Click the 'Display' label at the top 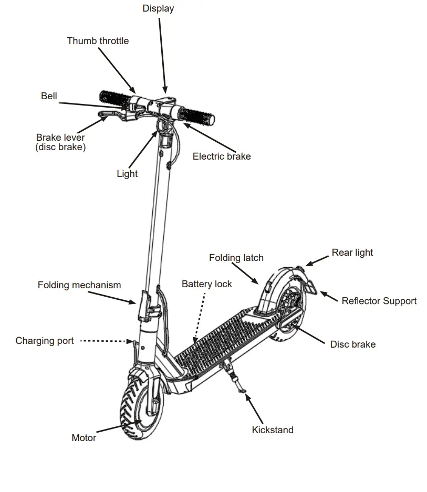158,8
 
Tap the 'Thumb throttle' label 98,40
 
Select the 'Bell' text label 49,96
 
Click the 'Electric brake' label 221,156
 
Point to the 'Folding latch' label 236,258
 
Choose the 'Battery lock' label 206,284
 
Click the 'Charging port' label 45,341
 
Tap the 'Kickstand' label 272,430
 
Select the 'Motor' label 84,437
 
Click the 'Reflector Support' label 379,301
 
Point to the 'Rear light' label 352,253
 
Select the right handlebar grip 197,117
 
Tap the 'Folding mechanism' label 79,285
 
